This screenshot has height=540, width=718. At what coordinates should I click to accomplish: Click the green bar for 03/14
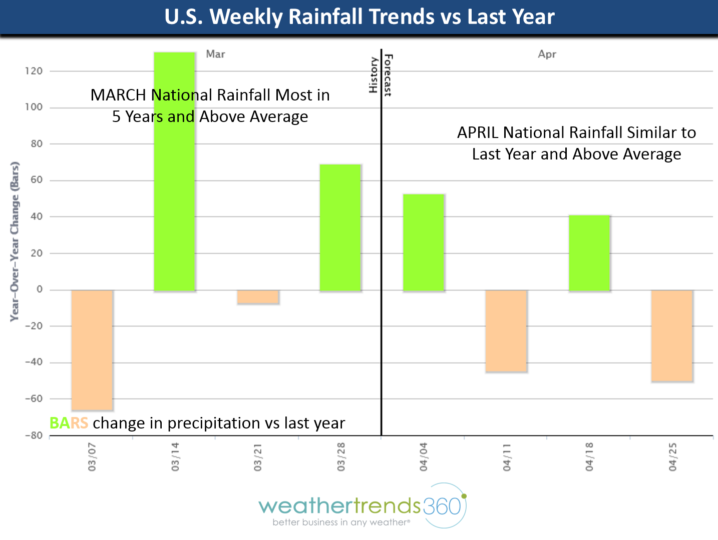(174, 200)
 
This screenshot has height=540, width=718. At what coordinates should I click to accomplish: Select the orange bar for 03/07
(92, 350)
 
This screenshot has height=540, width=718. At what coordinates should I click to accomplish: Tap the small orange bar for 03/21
(258, 297)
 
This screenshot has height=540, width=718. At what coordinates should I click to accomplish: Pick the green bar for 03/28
(340, 227)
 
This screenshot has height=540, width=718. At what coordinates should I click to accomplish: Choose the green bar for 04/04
(424, 242)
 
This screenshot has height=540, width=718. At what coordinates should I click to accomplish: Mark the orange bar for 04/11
(506, 331)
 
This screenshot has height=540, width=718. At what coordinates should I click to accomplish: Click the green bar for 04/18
(589, 253)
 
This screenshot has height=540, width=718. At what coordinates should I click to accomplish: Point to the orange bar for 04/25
(672, 336)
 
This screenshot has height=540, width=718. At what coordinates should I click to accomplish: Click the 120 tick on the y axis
(34, 71)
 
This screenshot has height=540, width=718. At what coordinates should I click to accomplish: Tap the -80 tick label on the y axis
(34, 435)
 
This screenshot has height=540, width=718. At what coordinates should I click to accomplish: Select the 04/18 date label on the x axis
(589, 456)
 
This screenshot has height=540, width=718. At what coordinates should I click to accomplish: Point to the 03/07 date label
(92, 456)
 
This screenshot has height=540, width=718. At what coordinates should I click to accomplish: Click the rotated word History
(373, 75)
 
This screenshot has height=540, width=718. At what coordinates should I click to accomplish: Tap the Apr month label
(547, 54)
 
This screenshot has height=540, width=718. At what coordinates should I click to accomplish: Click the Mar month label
(215, 54)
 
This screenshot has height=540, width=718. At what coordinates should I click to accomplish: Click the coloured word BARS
(69, 423)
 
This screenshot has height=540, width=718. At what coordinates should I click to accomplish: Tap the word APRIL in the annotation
(478, 132)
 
